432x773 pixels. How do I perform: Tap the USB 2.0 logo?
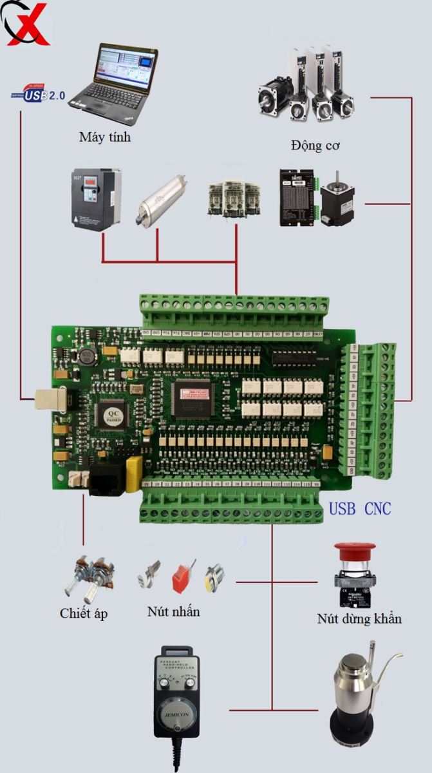[39, 95]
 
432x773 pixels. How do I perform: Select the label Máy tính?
[104, 137]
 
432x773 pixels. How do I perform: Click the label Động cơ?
[315, 145]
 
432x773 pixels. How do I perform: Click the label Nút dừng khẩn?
[359, 619]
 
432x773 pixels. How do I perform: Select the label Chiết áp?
[84, 613]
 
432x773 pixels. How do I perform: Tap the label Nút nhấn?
[173, 611]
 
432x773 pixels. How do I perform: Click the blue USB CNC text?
[360, 509]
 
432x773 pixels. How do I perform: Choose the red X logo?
[27, 23]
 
